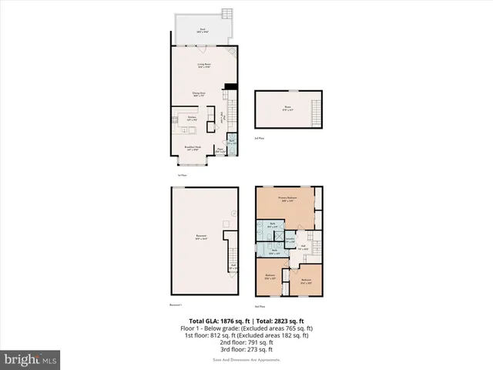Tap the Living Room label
click(204, 66)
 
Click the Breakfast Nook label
click(193, 149)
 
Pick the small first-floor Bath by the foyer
click(232, 143)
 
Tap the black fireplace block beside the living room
click(230, 87)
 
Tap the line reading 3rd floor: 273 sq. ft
click(246, 351)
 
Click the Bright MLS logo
click(31, 359)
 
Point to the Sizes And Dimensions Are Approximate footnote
click(246, 360)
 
